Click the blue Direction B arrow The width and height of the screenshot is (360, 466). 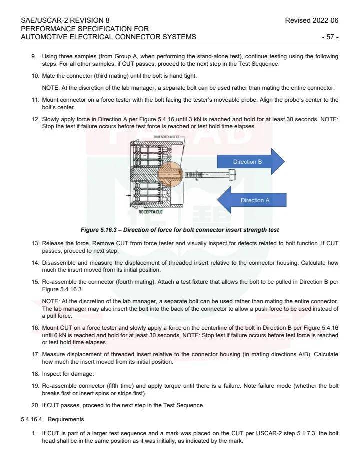click(x=250, y=162)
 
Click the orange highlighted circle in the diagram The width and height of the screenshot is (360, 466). click(x=171, y=174)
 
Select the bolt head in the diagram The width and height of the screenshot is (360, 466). click(x=232, y=174)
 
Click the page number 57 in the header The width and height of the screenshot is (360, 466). click(x=330, y=37)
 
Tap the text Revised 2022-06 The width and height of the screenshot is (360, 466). click(x=311, y=20)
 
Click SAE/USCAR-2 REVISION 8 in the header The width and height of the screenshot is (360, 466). click(x=65, y=20)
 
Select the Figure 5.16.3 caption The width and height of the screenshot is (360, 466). click(x=179, y=230)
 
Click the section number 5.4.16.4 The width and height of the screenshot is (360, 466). click(x=32, y=419)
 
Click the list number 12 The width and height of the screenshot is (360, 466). click(x=35, y=119)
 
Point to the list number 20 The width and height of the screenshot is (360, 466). click(x=35, y=405)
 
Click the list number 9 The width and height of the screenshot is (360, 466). click(x=33, y=56)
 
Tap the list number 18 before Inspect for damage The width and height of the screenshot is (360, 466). click(x=35, y=374)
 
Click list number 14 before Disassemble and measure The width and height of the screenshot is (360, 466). click(x=35, y=262)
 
